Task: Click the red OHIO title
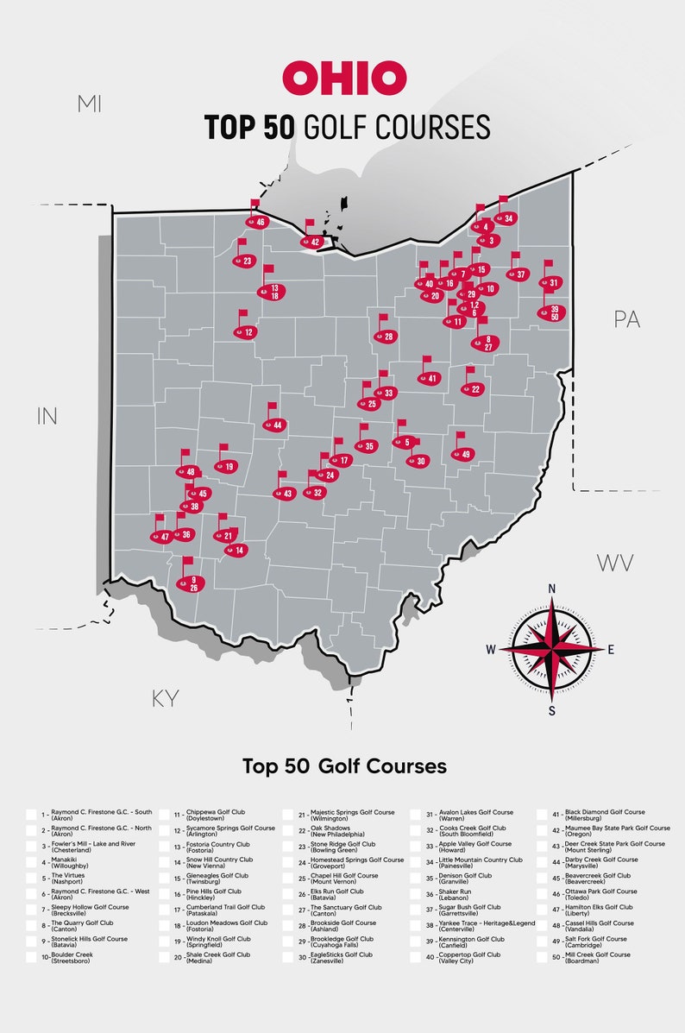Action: [x=344, y=79]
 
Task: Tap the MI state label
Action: [x=89, y=104]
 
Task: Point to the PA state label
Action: [x=626, y=319]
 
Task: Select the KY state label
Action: [x=165, y=699]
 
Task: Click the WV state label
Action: [x=615, y=564]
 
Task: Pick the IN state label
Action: [x=47, y=416]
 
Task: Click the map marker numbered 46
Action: [x=257, y=222]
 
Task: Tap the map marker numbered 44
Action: [x=275, y=425]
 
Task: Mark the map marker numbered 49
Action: [x=463, y=454]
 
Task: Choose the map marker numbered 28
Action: [x=386, y=337]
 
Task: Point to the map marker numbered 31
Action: [x=550, y=282]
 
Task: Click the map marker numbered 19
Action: [x=226, y=466]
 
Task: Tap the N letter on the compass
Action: [x=552, y=589]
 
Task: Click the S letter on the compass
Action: [x=552, y=710]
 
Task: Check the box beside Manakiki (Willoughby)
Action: [x=31, y=862]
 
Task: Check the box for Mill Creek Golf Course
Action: [x=545, y=957]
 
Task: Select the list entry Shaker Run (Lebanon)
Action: [x=454, y=895]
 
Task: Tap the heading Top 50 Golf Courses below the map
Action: [x=344, y=765]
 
